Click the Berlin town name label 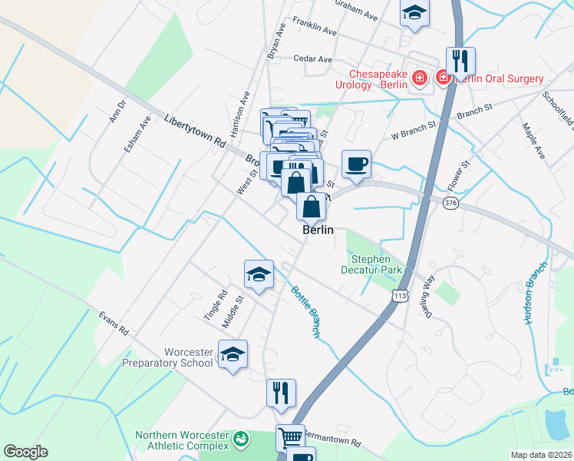point(318,230)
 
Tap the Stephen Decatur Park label point(371,264)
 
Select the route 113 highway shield point(399,296)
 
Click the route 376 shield point(450,202)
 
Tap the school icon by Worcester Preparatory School point(233,354)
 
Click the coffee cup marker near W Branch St point(356,164)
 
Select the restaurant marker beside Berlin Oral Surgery point(460,61)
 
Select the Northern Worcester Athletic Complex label point(182,440)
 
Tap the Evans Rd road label point(114,323)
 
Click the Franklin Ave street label point(314,28)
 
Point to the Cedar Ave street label point(313,58)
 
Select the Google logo point(25,452)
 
